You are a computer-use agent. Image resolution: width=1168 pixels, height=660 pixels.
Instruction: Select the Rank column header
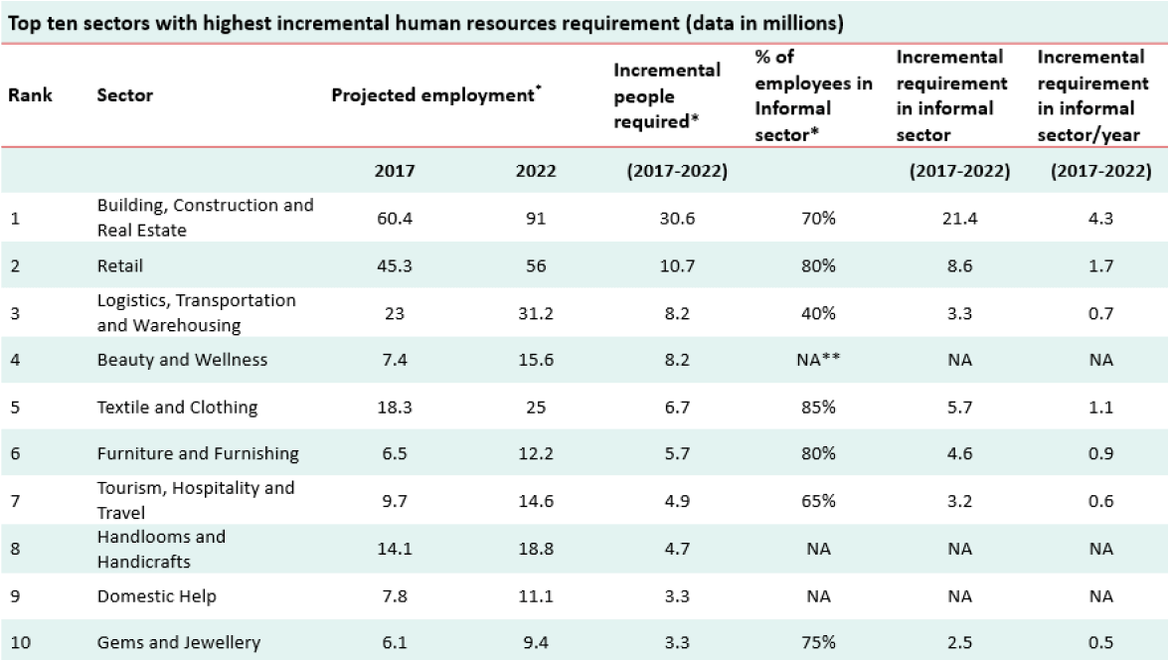click(x=31, y=96)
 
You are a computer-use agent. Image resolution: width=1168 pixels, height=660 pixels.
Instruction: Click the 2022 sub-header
click(x=536, y=171)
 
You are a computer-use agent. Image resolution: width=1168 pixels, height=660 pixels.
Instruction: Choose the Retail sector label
click(x=120, y=265)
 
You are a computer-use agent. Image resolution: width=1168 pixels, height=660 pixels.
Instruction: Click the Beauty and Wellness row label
click(x=182, y=360)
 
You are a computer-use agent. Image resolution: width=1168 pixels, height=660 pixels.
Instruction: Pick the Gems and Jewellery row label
click(x=179, y=642)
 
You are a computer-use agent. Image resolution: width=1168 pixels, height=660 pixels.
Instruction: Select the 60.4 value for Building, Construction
click(x=395, y=218)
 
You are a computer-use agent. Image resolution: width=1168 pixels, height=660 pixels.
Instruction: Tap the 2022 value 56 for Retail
click(x=536, y=265)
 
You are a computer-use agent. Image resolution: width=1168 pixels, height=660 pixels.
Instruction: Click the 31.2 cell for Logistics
click(x=536, y=312)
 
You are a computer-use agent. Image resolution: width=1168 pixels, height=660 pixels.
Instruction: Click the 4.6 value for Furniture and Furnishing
click(x=960, y=453)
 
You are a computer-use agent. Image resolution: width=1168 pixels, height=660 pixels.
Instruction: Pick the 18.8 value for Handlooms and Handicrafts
click(x=536, y=548)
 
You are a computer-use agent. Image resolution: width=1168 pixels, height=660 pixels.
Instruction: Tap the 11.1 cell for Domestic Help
click(x=536, y=596)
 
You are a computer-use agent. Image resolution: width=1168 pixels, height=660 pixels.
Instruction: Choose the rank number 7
click(x=15, y=501)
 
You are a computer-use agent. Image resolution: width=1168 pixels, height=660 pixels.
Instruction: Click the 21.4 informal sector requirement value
click(x=960, y=218)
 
